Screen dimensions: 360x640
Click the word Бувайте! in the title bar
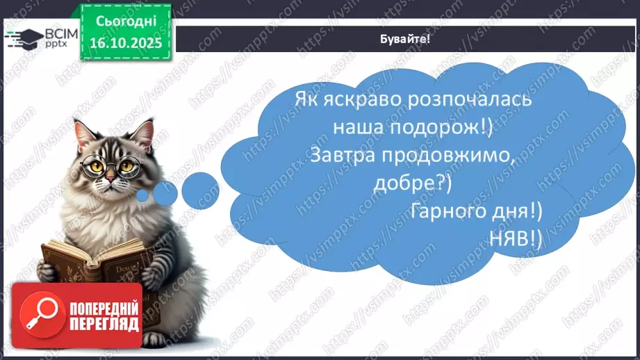(407, 38)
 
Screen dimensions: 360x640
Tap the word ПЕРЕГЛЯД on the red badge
(104, 325)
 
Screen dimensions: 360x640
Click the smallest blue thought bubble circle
(143, 195)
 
